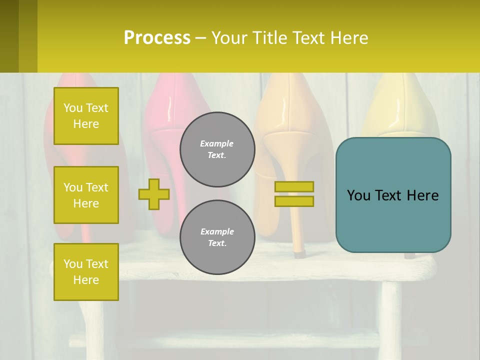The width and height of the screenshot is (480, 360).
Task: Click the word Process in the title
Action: (157, 38)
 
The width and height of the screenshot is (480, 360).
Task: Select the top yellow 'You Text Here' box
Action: (86, 116)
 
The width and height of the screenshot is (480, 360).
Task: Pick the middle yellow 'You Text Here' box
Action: (86, 195)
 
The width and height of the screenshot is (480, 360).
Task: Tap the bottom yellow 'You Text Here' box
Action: (86, 272)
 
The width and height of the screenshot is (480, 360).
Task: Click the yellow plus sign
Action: (154, 194)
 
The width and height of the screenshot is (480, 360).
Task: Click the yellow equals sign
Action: (294, 194)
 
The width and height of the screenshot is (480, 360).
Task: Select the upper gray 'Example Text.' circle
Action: (217, 149)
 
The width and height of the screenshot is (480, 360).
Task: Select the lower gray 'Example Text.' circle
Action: (217, 237)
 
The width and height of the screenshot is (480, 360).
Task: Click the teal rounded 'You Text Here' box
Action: (393, 195)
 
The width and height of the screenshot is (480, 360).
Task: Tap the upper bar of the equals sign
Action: (294, 187)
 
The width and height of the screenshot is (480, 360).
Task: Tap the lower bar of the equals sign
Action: (294, 201)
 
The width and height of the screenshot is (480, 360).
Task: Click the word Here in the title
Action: (347, 38)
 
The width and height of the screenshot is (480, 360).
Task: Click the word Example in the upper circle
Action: (217, 144)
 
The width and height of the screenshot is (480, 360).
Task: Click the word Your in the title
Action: (230, 38)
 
